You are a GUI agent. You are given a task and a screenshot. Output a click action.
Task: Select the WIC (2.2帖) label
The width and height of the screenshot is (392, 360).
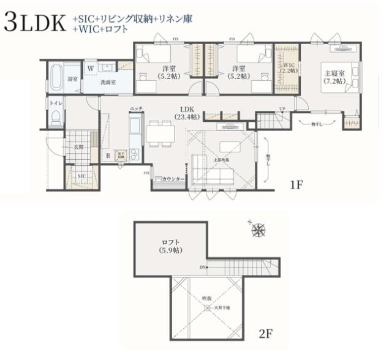pyautogui.click(x=288, y=67)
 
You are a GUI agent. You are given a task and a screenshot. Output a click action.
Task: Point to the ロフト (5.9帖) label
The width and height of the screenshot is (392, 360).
pyautogui.click(x=170, y=246)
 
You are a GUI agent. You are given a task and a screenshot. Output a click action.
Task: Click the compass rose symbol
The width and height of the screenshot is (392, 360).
pyautogui.click(x=259, y=230)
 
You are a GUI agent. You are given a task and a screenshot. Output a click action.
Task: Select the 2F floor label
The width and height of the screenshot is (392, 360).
pyautogui.click(x=265, y=334)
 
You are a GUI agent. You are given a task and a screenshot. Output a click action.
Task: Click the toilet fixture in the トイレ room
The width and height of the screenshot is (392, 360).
pyautogui.click(x=56, y=116)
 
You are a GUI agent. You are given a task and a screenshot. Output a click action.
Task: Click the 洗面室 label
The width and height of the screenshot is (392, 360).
pyautogui.click(x=108, y=81)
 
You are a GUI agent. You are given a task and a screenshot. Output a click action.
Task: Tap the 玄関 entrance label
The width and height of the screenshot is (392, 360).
pyautogui.click(x=79, y=147)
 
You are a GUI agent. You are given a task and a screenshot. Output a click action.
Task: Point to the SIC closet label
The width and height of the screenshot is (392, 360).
pyautogui.click(x=81, y=176)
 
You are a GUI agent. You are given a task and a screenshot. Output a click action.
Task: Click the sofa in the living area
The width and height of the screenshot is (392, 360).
pyautogui.click(x=211, y=171)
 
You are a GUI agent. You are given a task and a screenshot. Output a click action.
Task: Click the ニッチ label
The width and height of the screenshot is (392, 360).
pyautogui.click(x=136, y=108)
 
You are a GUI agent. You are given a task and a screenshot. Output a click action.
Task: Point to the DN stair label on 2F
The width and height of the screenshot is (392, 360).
pyautogui.click(x=203, y=268)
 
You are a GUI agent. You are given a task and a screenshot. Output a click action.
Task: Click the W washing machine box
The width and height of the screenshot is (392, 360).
pyautogui.click(x=90, y=68)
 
